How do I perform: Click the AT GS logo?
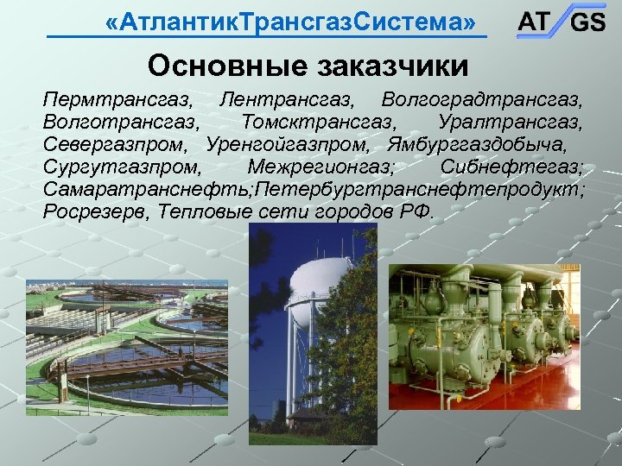point(561,22)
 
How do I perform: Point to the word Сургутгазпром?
point(121,167)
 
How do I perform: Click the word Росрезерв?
point(92,211)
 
